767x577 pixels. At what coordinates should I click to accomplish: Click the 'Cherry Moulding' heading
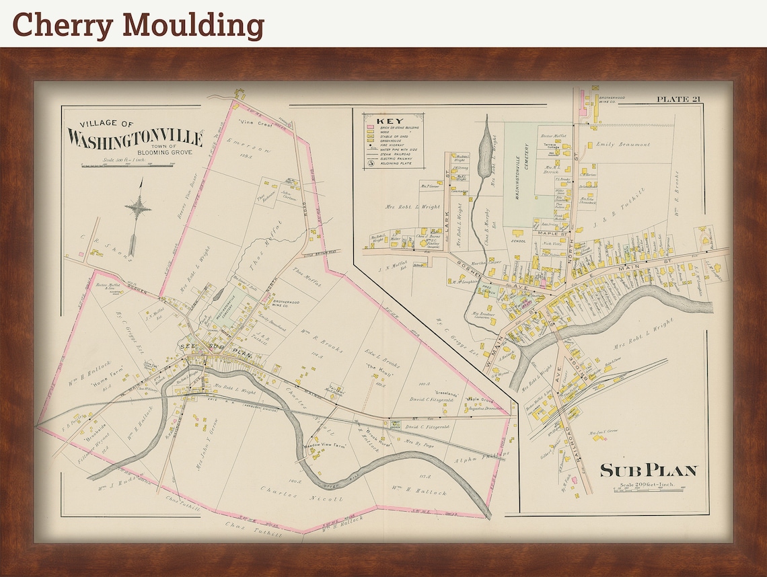138,24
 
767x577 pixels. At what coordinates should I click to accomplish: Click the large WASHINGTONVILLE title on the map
135,139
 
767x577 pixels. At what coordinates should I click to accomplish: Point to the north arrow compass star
137,208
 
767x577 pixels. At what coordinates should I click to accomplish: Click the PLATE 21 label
679,100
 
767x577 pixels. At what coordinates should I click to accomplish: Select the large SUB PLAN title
648,470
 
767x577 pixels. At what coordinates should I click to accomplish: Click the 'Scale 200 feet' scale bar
649,489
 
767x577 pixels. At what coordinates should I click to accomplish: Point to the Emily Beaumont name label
624,145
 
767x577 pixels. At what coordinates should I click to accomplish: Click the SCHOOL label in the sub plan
518,240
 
